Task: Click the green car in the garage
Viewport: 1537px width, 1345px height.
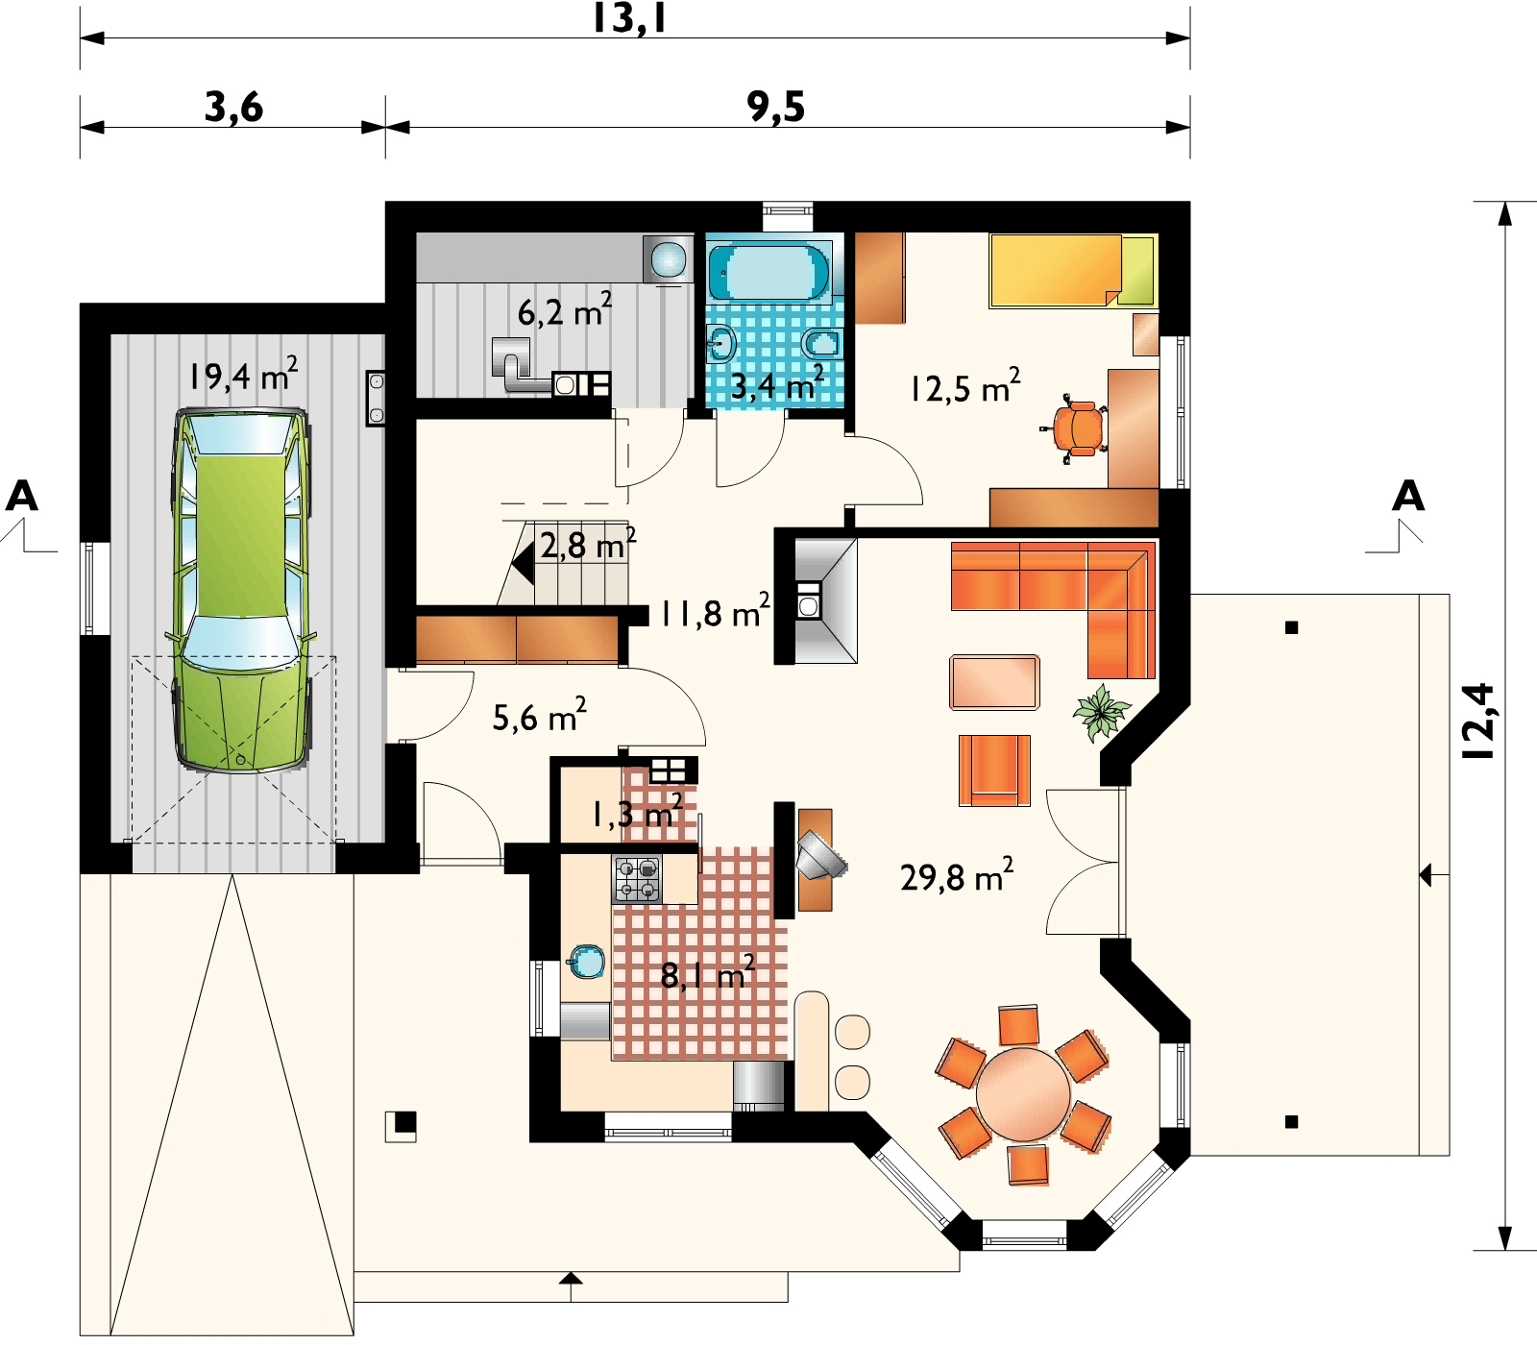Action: click(242, 591)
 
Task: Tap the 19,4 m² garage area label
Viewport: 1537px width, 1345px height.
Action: click(243, 374)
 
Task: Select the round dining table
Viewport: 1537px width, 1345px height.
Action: click(1023, 1093)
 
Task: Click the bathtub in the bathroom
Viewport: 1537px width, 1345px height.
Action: click(768, 270)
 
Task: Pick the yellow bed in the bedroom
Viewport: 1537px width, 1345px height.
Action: click(1073, 271)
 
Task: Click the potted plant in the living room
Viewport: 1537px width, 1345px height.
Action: click(1101, 712)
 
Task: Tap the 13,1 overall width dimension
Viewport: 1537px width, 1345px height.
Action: click(629, 19)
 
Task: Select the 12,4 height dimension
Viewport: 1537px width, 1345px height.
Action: click(1479, 721)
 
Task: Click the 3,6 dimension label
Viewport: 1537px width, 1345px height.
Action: click(233, 108)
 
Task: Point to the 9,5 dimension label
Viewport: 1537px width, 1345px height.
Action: click(776, 108)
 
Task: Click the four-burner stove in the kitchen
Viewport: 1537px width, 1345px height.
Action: click(637, 879)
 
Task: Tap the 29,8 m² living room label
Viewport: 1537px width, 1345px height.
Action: click(957, 875)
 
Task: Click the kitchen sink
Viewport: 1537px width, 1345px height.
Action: click(585, 962)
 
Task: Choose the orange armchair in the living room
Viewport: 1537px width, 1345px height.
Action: click(994, 770)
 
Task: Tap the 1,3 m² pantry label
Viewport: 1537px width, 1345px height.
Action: click(637, 814)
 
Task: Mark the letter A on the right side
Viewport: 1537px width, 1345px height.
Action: click(1408, 496)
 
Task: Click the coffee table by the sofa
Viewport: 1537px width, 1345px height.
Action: click(995, 682)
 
